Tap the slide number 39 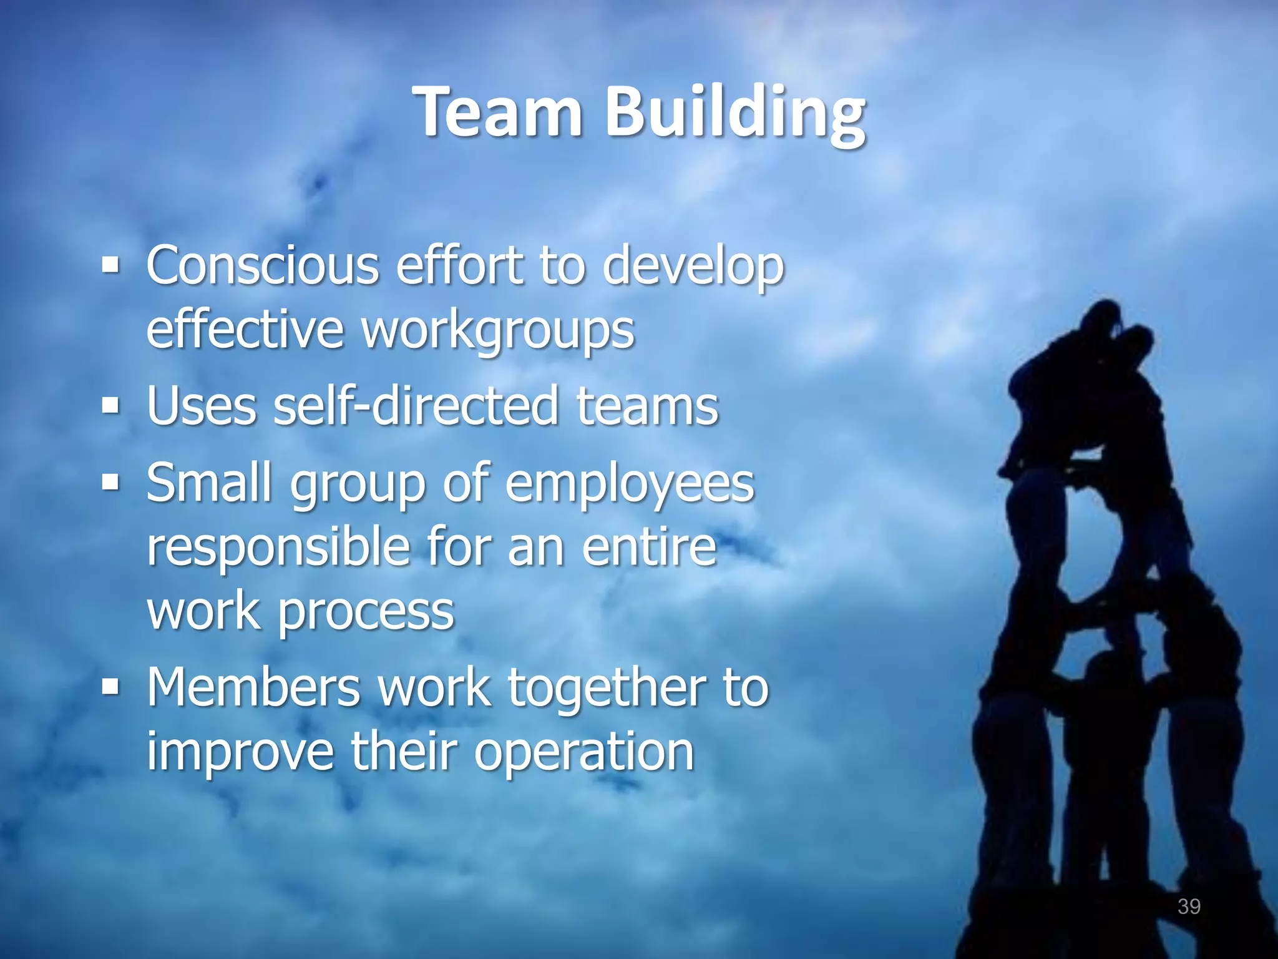pos(1188,906)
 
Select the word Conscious pos(263,265)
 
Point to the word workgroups pos(497,330)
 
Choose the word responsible pos(278,547)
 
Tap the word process pos(365,612)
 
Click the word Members pos(253,688)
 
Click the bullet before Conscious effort pos(110,266)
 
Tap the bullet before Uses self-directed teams pos(110,407)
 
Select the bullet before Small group pos(110,483)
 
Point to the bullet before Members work pos(110,687)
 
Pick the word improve pos(240,753)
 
